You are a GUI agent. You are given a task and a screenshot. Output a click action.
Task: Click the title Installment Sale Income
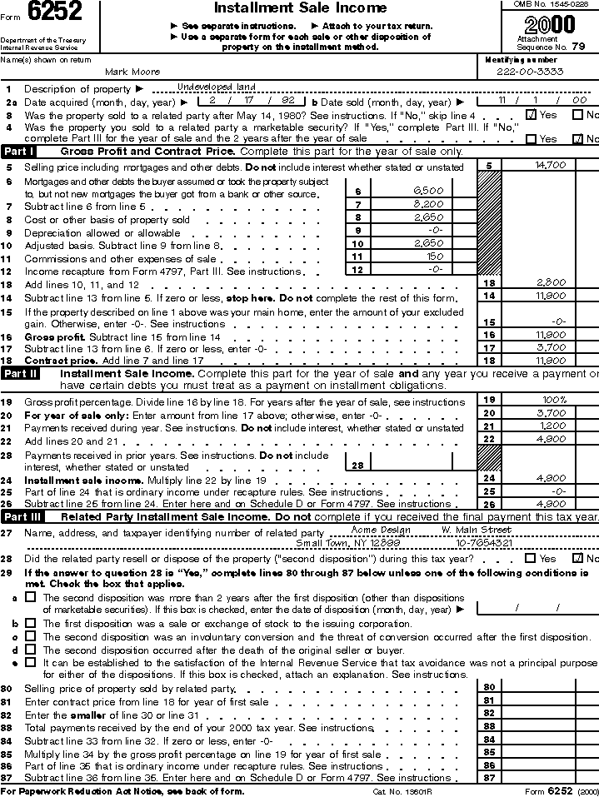click(x=300, y=8)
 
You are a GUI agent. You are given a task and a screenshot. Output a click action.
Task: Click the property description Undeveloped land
click(x=217, y=87)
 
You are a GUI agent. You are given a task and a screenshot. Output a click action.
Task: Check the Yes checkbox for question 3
click(x=532, y=114)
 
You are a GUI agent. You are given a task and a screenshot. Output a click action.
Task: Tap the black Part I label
click(x=18, y=152)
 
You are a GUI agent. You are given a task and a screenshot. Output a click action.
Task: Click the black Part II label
click(x=20, y=374)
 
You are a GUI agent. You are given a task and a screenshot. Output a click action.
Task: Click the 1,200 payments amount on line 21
click(x=551, y=426)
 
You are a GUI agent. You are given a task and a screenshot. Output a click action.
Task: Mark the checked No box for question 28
click(x=577, y=558)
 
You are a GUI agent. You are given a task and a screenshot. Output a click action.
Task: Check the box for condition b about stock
click(x=30, y=623)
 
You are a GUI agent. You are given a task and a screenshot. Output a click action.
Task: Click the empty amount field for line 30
click(x=550, y=687)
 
